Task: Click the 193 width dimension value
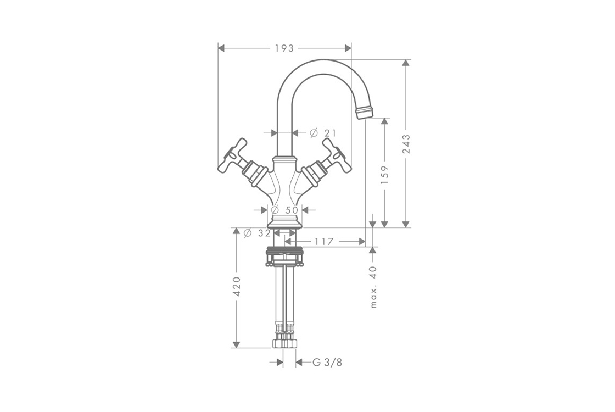(x=284, y=48)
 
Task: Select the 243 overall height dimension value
(x=406, y=143)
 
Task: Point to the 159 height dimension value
(x=384, y=175)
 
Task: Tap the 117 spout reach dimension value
(x=323, y=242)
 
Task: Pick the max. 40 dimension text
(x=373, y=287)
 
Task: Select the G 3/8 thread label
(x=327, y=363)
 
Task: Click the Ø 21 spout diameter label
(x=323, y=133)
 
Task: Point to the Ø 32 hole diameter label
(x=257, y=233)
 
